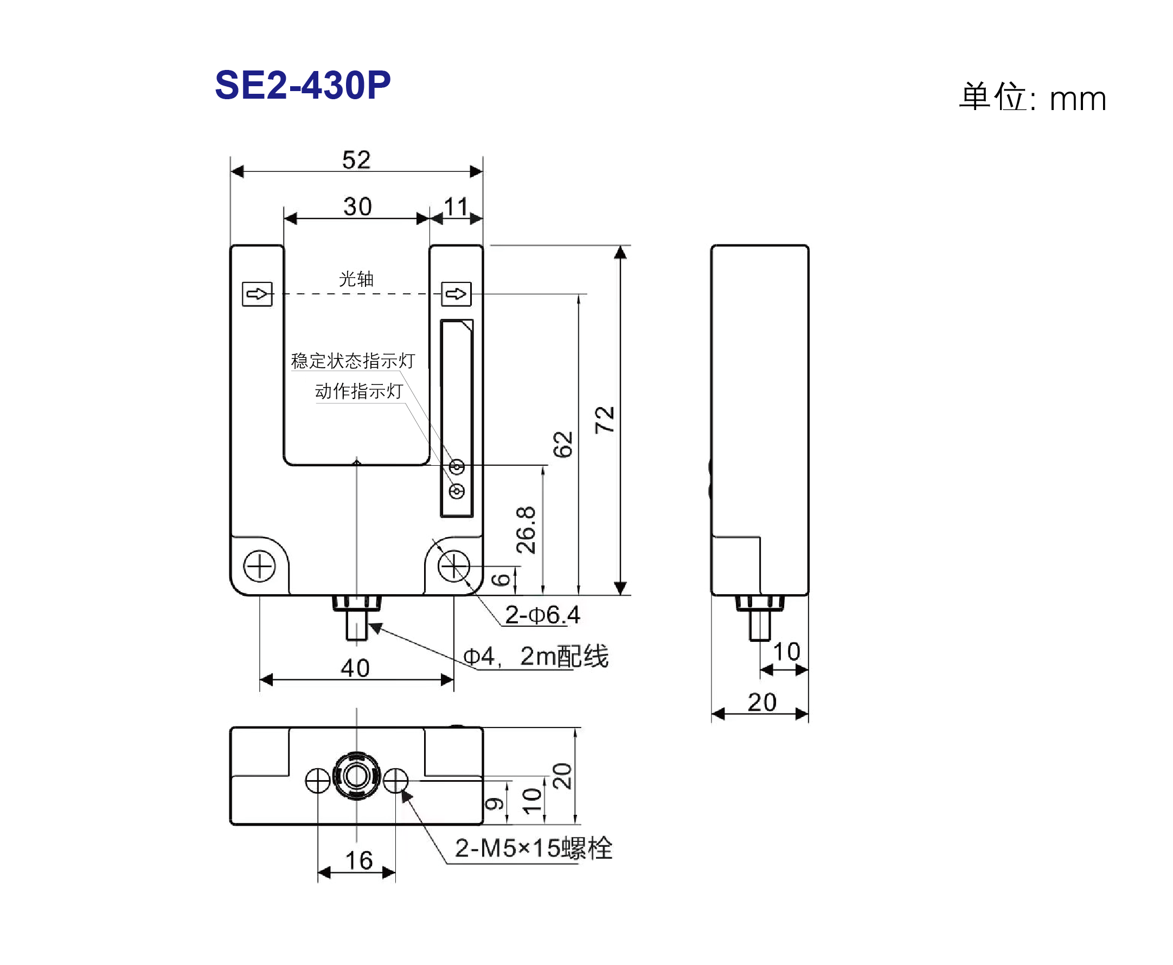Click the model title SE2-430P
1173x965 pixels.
point(303,85)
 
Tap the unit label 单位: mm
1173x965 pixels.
point(1033,97)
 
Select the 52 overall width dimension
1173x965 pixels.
point(356,160)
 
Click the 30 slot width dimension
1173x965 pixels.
point(357,207)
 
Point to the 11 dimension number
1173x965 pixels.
point(456,207)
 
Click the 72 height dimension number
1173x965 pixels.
point(604,420)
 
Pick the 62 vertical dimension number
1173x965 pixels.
point(562,444)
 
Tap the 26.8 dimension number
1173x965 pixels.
point(526,530)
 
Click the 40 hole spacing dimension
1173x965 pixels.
point(355,667)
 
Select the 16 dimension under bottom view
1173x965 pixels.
point(359,860)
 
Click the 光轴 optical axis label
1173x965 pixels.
point(356,279)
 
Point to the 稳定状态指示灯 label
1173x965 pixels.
point(353,361)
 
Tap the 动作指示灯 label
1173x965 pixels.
point(359,391)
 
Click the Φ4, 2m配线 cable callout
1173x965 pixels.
point(536,656)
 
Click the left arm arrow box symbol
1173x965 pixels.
point(258,294)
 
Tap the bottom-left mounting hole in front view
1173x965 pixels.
point(260,567)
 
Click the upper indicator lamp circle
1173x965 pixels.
point(457,467)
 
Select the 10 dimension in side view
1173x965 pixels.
point(787,652)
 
